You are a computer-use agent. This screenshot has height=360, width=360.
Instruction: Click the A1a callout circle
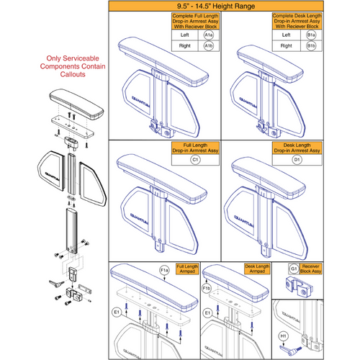click(208, 35)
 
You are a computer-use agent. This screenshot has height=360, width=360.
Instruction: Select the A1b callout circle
click(208, 46)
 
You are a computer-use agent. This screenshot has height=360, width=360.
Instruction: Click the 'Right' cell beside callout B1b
click(307, 46)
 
